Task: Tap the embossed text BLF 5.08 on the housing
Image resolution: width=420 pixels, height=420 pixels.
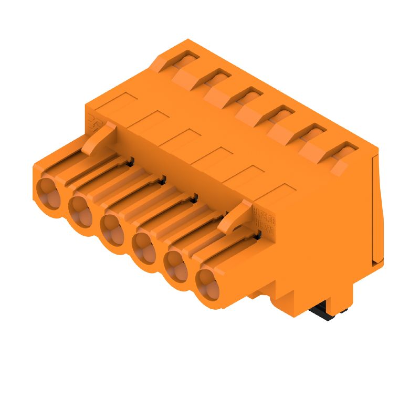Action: click(x=264, y=216)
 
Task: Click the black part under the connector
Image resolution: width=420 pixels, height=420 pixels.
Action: click(x=324, y=313)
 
